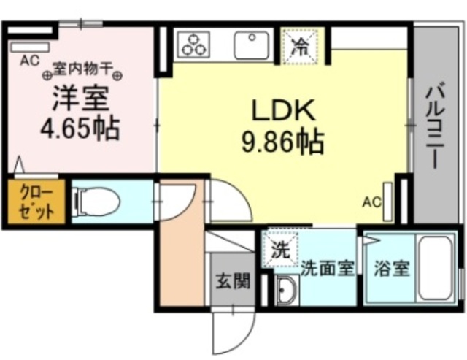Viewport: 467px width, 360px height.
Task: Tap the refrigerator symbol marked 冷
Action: [x=301, y=45]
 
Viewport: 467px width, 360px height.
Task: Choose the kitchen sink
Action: [x=252, y=45]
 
